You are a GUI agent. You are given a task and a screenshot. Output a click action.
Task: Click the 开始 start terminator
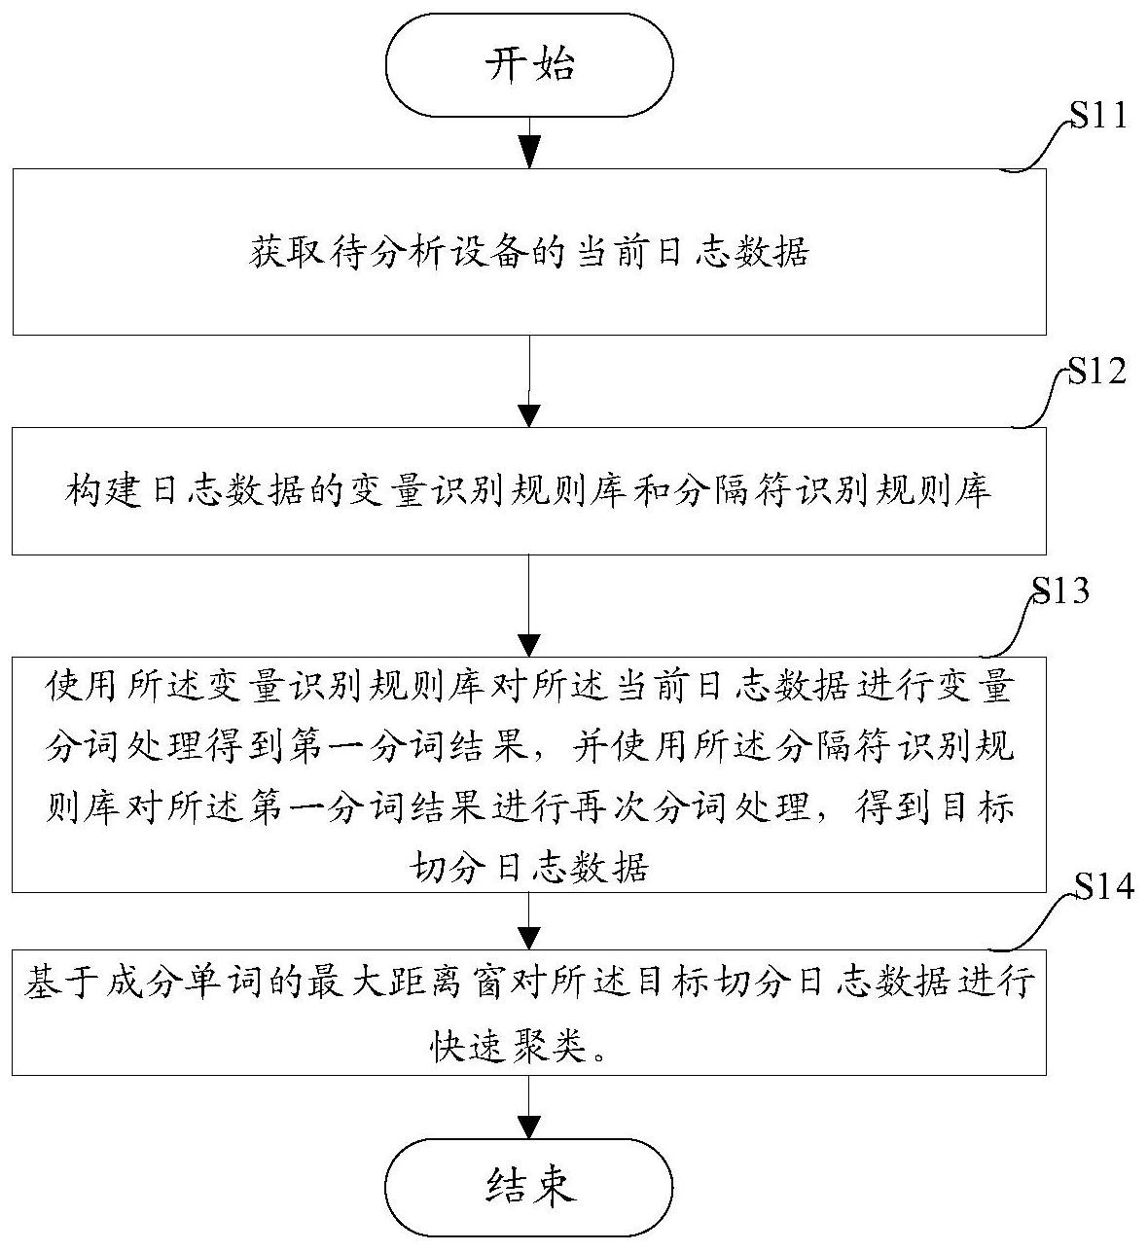(x=529, y=65)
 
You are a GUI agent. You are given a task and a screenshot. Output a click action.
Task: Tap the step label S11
(x=1097, y=117)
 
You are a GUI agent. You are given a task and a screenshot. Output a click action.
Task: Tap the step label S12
(x=1097, y=373)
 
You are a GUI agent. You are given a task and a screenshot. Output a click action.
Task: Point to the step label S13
(x=1060, y=590)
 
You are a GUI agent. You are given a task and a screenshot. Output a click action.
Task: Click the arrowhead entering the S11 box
(x=529, y=155)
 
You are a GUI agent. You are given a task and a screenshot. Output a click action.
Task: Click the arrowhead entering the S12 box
(x=529, y=414)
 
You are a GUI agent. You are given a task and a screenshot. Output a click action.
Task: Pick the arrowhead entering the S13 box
(x=529, y=643)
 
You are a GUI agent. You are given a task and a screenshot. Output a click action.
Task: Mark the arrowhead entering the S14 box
(x=529, y=937)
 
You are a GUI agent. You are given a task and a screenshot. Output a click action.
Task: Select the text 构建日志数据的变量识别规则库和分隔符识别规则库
(x=529, y=492)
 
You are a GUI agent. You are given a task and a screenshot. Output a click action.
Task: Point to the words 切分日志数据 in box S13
(x=529, y=865)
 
